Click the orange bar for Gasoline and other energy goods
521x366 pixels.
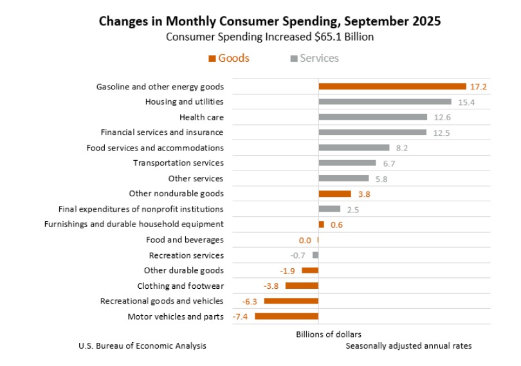[392, 86]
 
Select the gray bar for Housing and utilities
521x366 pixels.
[385, 102]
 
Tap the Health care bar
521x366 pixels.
[372, 117]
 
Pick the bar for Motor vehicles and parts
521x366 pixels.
[287, 316]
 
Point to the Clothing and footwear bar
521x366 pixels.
[302, 286]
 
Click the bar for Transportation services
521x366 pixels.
[347, 163]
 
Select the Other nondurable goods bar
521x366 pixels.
[334, 194]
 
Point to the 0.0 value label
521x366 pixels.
[305, 240]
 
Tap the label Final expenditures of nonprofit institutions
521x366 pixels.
[141, 209]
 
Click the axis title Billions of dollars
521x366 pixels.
[328, 334]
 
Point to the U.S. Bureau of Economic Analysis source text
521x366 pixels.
[142, 346]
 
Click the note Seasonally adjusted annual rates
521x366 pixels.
[408, 346]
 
